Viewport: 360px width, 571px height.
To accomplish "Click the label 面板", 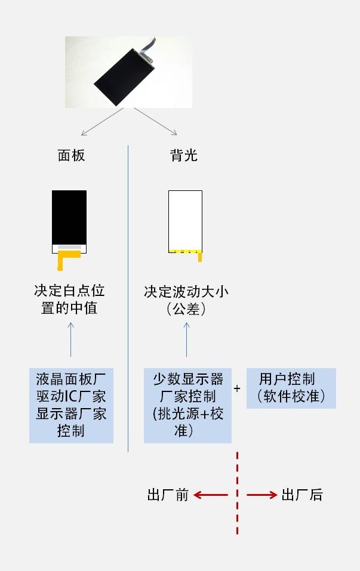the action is click(x=72, y=156).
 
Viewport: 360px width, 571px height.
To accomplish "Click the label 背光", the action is click(x=184, y=156).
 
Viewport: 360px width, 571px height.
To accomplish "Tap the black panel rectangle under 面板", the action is click(x=69, y=217).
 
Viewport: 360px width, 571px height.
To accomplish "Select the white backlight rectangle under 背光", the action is click(x=185, y=221).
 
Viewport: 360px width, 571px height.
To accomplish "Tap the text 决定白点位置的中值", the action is click(x=69, y=300).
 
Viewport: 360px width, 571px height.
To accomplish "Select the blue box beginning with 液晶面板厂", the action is click(x=72, y=405).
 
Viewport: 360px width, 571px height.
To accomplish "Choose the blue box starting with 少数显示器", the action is click(x=187, y=405).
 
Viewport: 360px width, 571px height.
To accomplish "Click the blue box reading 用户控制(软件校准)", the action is click(x=291, y=388).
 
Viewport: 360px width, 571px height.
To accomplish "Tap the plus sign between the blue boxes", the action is click(x=237, y=388).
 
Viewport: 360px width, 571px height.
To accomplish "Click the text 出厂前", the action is click(x=168, y=495).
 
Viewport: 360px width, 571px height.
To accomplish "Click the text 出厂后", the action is click(x=302, y=495).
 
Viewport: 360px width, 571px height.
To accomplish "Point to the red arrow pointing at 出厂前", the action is click(x=211, y=495).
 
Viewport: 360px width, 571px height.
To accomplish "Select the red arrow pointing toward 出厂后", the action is click(x=262, y=495).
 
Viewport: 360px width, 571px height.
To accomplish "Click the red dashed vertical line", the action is click(x=237, y=493).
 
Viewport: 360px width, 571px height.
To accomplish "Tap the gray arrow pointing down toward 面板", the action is click(x=103, y=122).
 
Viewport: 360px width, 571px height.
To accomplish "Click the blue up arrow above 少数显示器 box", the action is click(x=186, y=339).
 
